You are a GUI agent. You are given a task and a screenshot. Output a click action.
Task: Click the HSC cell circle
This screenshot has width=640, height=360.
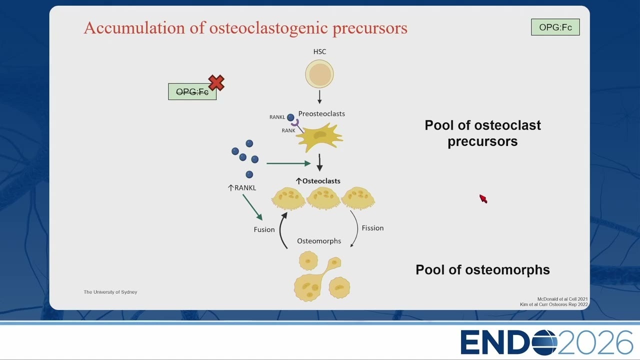click(319, 73)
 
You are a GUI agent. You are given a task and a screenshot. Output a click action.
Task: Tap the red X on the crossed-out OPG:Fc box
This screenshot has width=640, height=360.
click(216, 82)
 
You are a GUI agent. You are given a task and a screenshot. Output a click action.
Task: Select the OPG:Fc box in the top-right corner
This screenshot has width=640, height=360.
click(555, 27)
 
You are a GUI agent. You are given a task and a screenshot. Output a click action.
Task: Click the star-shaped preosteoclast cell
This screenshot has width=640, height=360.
click(319, 137)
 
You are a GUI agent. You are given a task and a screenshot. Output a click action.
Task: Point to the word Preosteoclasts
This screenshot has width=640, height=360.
click(321, 113)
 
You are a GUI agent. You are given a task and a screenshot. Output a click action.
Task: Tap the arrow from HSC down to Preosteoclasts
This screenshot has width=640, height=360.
click(319, 97)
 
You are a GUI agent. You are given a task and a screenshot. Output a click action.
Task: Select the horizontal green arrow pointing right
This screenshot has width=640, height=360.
click(288, 163)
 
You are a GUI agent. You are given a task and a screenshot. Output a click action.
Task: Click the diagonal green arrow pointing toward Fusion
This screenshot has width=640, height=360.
click(252, 207)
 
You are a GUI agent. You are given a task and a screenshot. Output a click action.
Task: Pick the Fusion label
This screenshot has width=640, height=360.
click(264, 229)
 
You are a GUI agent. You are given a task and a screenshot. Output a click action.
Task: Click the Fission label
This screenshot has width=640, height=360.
click(372, 228)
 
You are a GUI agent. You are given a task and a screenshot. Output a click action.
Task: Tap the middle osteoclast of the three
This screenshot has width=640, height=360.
click(323, 198)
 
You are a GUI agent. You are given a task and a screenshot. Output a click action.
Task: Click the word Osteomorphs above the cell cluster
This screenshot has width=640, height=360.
click(319, 241)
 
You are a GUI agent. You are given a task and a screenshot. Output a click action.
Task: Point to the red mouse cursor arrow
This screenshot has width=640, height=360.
click(483, 199)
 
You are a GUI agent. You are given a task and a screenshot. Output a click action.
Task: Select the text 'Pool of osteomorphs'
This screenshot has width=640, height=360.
click(482, 269)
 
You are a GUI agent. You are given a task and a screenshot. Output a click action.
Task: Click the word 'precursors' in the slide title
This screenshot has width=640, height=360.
click(370, 28)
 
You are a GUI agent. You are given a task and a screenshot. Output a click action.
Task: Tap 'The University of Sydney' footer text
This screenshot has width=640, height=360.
click(110, 292)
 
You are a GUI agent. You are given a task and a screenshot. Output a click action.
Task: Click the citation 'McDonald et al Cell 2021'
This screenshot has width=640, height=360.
click(562, 299)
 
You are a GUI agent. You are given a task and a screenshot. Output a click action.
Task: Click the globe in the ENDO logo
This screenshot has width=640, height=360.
click(544, 342)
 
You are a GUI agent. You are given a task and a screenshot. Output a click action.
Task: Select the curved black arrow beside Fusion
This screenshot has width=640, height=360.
click(280, 230)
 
